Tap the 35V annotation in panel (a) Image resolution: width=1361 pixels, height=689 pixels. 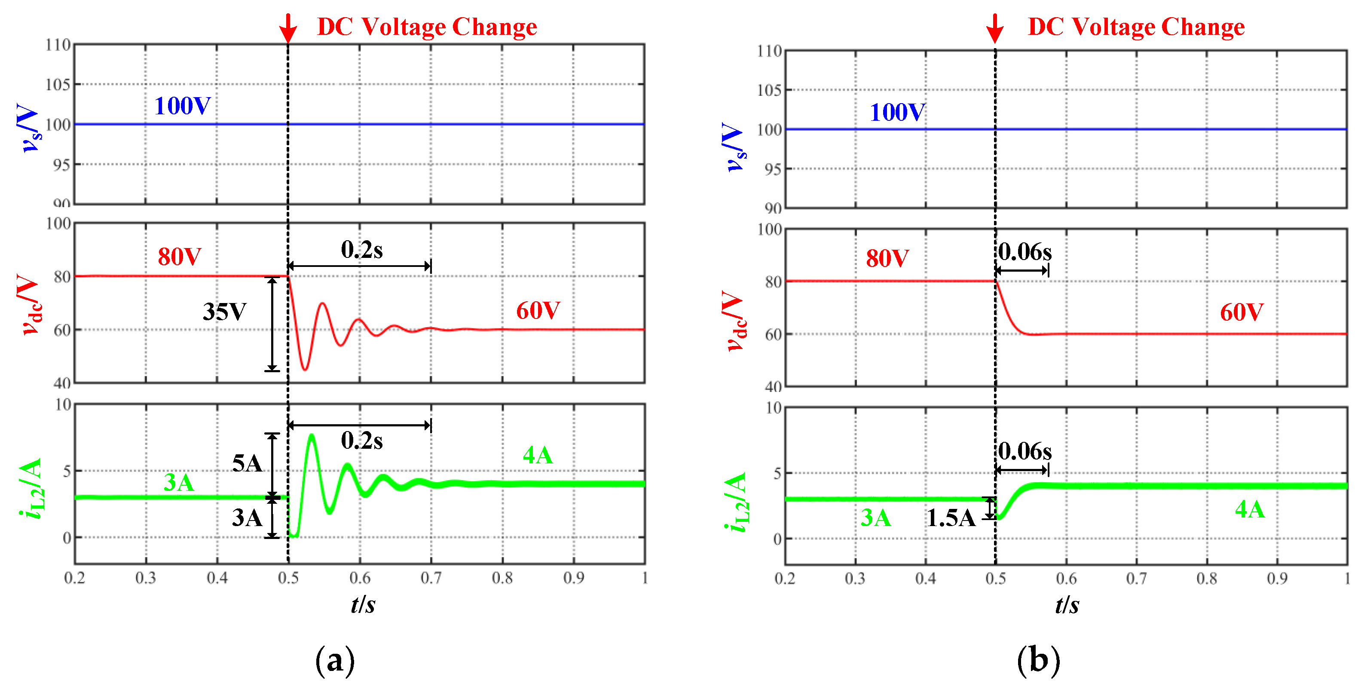pyautogui.click(x=225, y=312)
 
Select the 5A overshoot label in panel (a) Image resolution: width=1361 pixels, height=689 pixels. pyautogui.click(x=247, y=463)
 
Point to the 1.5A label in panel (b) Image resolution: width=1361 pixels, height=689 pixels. pyautogui.click(x=951, y=518)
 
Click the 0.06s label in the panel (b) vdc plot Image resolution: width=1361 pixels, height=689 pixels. pyautogui.click(x=1025, y=252)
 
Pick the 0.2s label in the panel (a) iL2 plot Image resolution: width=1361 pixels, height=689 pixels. pyautogui.click(x=361, y=440)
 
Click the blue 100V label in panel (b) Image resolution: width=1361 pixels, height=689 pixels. pyautogui.click(x=897, y=112)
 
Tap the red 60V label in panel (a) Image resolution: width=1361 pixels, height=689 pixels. pyautogui.click(x=538, y=311)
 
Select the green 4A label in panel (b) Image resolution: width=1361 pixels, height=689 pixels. pyautogui.click(x=1250, y=509)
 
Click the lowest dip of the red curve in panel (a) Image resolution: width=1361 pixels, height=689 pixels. pyautogui.click(x=305, y=369)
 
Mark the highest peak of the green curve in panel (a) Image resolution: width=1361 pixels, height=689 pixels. pyautogui.click(x=312, y=435)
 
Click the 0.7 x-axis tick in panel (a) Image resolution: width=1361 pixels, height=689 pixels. pyautogui.click(x=431, y=578)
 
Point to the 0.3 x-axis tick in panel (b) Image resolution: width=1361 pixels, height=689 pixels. pyautogui.click(x=855, y=579)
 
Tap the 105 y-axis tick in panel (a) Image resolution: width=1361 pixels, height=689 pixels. pyautogui.click(x=58, y=85)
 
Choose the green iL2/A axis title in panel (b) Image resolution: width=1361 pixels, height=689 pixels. pyautogui.click(x=737, y=502)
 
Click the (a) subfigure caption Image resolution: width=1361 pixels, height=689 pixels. pyautogui.click(x=335, y=661)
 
